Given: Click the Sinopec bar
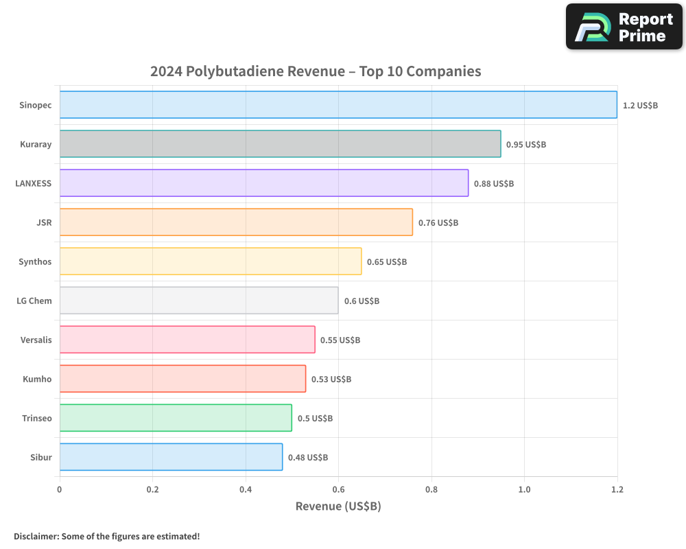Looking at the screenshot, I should [x=338, y=104].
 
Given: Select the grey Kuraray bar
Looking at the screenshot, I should [x=280, y=144].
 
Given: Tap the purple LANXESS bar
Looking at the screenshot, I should [x=264, y=183].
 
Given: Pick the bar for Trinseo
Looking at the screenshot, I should [x=176, y=418].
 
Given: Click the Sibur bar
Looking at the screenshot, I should [x=171, y=457].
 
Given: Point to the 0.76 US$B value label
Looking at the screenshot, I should [x=438, y=222].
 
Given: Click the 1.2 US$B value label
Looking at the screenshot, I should [x=640, y=105].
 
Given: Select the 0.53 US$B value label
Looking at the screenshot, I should [x=331, y=379].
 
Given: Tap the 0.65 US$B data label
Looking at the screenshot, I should [x=387, y=261].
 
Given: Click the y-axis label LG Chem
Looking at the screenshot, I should [x=34, y=301].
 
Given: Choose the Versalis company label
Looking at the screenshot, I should [x=36, y=340].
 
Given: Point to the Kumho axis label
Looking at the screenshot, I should [x=37, y=379].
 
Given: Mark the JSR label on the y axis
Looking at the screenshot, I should [x=44, y=222].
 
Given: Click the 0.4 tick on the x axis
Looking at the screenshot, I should [x=246, y=489].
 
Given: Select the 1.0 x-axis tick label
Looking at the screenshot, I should [x=524, y=489].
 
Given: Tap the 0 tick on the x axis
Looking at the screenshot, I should [x=60, y=489].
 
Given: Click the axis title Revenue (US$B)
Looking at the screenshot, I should [x=338, y=506].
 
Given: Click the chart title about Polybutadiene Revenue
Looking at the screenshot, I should [x=316, y=71].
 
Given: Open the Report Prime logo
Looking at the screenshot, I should [x=624, y=27].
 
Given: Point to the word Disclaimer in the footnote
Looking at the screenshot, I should [x=36, y=536].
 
